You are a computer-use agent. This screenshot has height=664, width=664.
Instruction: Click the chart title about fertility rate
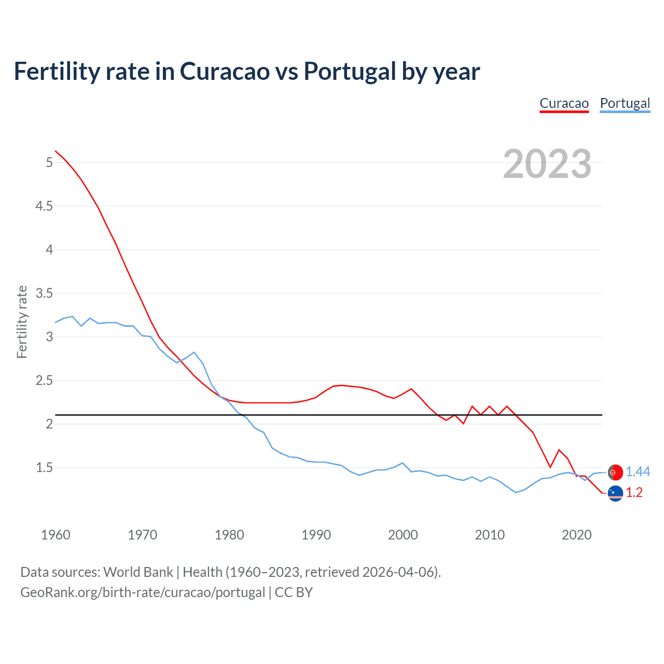[247, 72]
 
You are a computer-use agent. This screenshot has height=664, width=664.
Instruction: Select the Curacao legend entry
[564, 103]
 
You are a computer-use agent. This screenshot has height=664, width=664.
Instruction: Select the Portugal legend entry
[625, 103]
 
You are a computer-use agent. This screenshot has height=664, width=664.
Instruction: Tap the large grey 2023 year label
[547, 164]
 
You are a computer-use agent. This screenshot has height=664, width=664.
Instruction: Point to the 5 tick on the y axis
[49, 162]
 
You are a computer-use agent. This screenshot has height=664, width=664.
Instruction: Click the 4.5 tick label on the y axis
[44, 206]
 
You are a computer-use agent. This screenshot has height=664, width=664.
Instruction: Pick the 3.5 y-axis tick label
[44, 293]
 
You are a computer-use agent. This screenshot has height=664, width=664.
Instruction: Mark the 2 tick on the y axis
[49, 424]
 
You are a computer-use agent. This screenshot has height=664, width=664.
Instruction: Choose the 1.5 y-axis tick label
[44, 467]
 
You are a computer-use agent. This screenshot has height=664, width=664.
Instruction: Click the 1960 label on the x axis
[56, 535]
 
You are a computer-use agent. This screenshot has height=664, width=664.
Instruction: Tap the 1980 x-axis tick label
[229, 535]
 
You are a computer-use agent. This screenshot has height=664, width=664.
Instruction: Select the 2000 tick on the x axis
[403, 535]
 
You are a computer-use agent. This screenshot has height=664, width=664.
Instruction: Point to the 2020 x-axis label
[576, 535]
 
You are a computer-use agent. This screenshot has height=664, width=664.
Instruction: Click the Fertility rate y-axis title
[22, 322]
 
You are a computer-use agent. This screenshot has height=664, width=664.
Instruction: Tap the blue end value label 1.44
[638, 472]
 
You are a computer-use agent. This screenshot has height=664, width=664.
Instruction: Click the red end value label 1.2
[634, 492]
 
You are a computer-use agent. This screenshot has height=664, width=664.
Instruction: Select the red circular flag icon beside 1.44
[615, 473]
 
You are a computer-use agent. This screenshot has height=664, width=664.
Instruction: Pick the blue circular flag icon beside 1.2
[615, 493]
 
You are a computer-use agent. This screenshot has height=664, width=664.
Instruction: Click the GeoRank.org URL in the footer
[143, 592]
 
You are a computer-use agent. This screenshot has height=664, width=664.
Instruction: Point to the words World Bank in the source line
[138, 572]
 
